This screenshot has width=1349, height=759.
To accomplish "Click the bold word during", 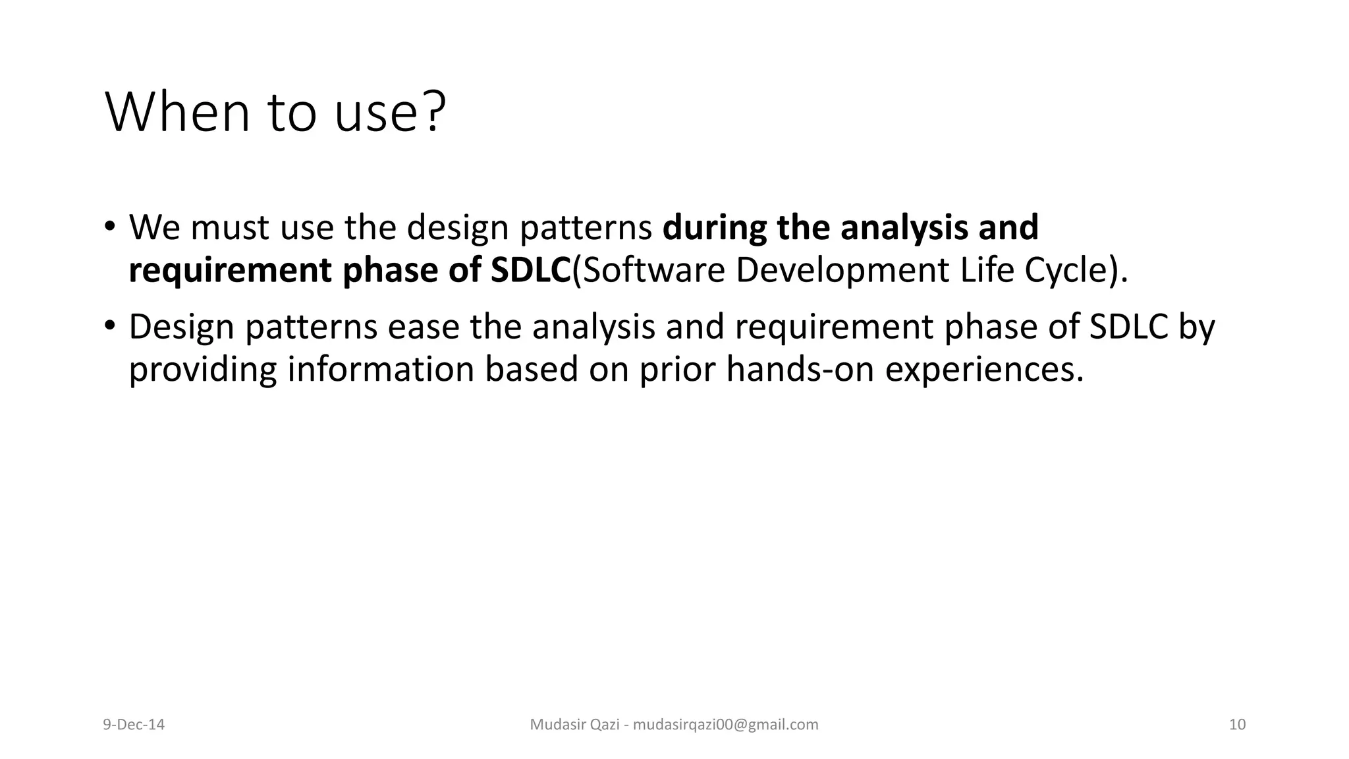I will [714, 227].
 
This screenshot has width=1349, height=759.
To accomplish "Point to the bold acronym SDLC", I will [530, 270].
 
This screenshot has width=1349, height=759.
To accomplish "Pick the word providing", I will [202, 370].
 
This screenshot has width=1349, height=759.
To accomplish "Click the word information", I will [380, 369].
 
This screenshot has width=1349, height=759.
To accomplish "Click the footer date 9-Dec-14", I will [134, 725].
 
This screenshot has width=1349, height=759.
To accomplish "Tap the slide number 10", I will [1237, 725].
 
